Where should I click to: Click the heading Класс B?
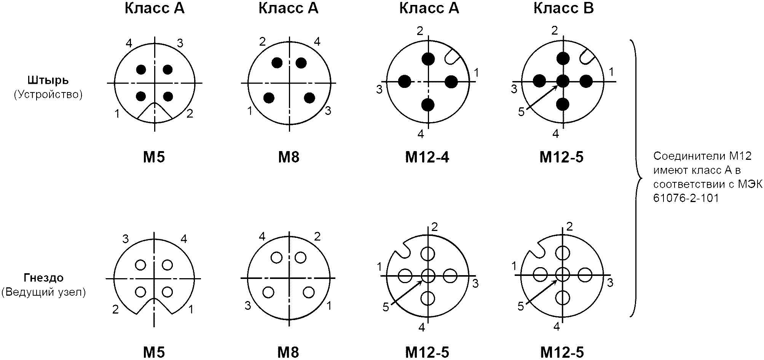[563, 8]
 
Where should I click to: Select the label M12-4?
[427, 157]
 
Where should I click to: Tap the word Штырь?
[48, 80]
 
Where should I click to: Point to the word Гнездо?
[44, 278]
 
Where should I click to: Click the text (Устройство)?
[48, 94]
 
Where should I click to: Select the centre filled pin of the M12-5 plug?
[563, 81]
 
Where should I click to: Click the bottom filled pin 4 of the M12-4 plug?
[428, 104]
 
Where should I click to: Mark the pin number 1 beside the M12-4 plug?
[476, 72]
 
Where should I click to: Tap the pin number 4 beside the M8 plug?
[317, 41]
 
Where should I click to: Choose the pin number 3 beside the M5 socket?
[125, 239]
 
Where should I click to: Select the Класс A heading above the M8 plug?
[288, 8]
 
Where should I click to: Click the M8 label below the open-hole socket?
[289, 352]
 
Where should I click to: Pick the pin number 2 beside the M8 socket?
[317, 237]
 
